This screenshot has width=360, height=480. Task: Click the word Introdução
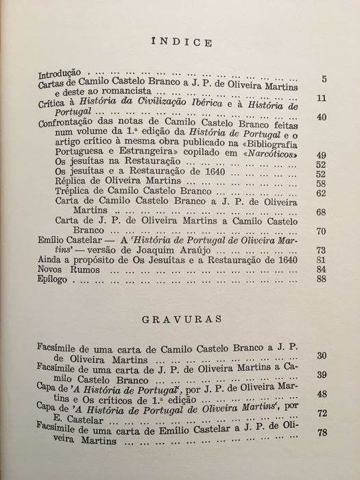tap(60, 72)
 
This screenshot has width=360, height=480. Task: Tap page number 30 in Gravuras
tap(320, 357)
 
